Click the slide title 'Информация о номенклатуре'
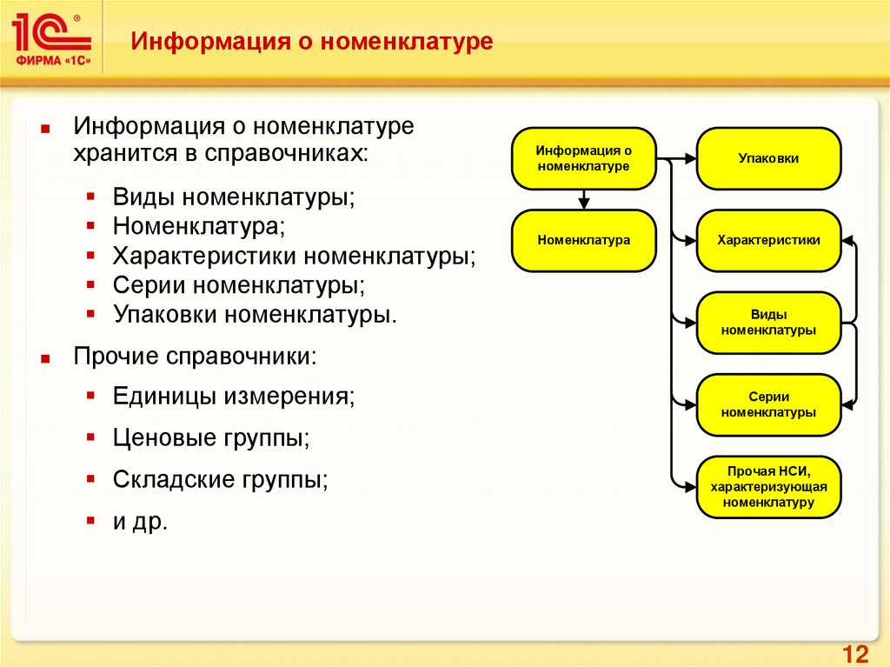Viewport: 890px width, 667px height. [x=312, y=41]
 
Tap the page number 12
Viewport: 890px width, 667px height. [x=856, y=654]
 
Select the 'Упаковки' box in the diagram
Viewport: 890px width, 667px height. [x=768, y=159]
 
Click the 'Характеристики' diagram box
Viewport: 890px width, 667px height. [x=768, y=240]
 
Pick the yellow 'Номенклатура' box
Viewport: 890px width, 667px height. [x=583, y=240]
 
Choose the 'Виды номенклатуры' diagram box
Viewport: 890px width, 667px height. [x=768, y=323]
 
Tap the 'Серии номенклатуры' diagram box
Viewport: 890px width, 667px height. [x=768, y=404]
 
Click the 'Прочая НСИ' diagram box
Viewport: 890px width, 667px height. [x=768, y=487]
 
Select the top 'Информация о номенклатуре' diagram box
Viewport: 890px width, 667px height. [x=583, y=158]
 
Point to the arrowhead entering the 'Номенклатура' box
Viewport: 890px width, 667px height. [x=583, y=204]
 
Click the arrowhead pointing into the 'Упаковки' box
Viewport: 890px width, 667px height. [x=690, y=159]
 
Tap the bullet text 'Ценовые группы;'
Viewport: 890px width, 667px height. [x=211, y=438]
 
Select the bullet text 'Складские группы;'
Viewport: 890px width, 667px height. [x=220, y=480]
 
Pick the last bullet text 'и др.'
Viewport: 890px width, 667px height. [x=139, y=522]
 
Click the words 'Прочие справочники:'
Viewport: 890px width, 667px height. [x=195, y=356]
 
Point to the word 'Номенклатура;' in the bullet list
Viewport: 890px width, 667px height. [x=198, y=227]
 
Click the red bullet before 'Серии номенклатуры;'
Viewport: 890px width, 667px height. [x=91, y=284]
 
